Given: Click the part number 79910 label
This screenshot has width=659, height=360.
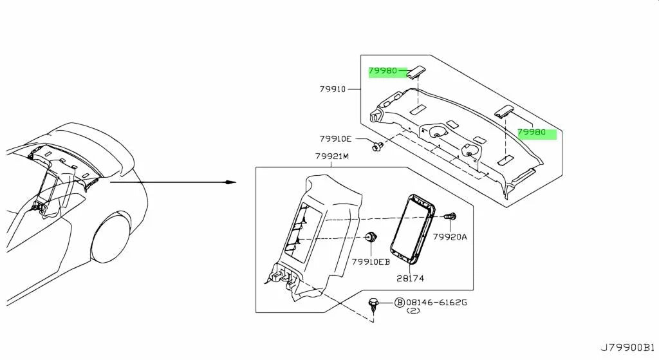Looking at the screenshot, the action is pos(332,89).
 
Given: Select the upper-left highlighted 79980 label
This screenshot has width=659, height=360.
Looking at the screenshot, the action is pos(383,71).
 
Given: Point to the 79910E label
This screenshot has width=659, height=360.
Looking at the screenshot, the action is pos(335,139).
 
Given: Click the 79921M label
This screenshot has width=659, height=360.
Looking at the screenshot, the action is pos(332,156).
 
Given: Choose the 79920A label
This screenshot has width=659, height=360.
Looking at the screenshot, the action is pos(450,237).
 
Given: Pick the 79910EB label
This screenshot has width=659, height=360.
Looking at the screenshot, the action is pos(371,262).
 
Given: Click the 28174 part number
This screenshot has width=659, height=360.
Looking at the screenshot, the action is pos(410,278).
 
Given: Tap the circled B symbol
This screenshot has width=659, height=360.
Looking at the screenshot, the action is pos(399,303).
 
